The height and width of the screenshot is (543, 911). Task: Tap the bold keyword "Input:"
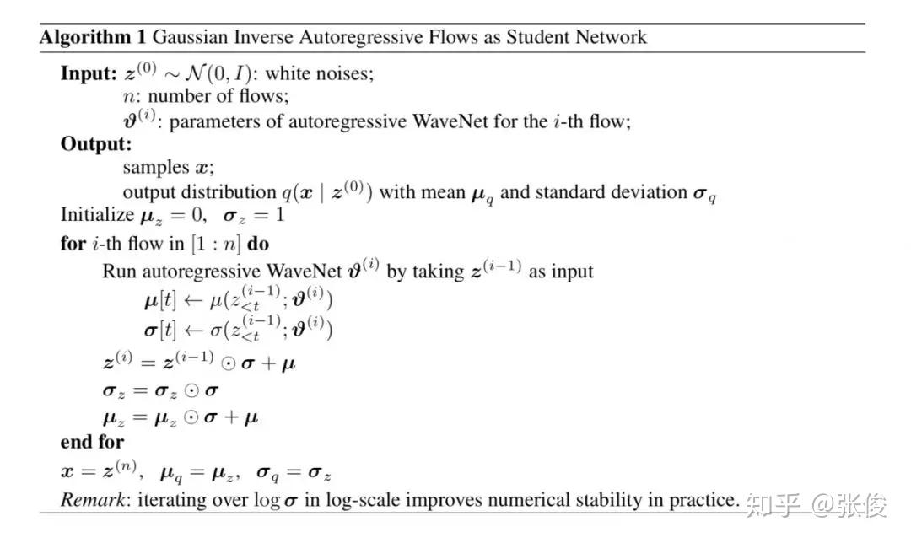[88, 73]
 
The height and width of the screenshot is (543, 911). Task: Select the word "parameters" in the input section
[214, 121]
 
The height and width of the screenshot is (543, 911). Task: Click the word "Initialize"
[97, 216]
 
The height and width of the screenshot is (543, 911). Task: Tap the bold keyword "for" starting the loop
[73, 244]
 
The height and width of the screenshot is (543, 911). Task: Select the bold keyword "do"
[258, 244]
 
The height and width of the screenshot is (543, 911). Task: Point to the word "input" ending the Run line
[573, 271]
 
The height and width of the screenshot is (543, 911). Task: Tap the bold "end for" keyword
[92, 442]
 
